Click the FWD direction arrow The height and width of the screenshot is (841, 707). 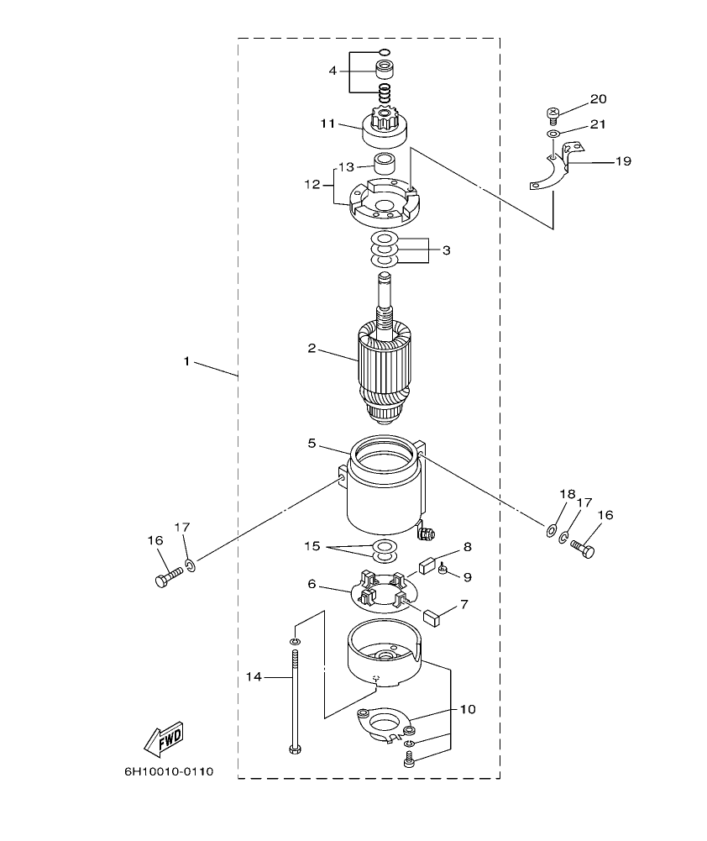click(163, 737)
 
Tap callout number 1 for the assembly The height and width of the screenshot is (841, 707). click(186, 361)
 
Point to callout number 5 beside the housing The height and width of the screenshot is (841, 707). click(312, 443)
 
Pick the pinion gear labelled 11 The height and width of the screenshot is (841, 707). click(384, 128)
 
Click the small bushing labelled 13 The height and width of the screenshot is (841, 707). click(384, 164)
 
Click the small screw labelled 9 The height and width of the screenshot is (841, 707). click(443, 571)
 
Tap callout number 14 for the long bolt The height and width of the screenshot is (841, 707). click(254, 675)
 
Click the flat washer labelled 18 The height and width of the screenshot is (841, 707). click(551, 529)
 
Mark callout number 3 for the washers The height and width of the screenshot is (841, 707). click(446, 250)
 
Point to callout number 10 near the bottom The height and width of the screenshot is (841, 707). click(467, 709)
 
